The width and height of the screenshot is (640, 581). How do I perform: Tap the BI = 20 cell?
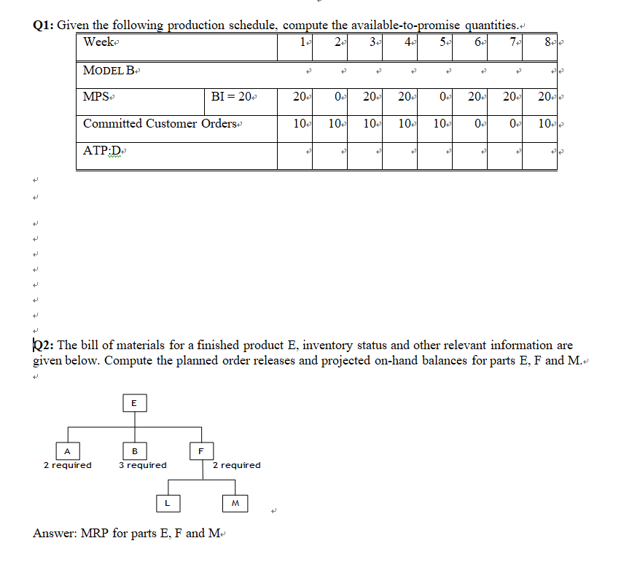coord(231,97)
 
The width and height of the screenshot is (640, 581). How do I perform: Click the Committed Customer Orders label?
coord(160,123)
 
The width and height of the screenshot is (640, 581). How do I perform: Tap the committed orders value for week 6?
coord(477,123)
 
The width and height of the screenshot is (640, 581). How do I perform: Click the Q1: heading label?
coord(44,26)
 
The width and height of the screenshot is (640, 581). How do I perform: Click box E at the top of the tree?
coord(133,402)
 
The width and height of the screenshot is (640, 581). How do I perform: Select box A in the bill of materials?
coord(66,450)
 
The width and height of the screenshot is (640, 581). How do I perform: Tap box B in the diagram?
coord(134,450)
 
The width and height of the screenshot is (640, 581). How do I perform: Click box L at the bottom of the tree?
coord(167,502)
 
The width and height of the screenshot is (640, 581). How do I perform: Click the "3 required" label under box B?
coord(143,465)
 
